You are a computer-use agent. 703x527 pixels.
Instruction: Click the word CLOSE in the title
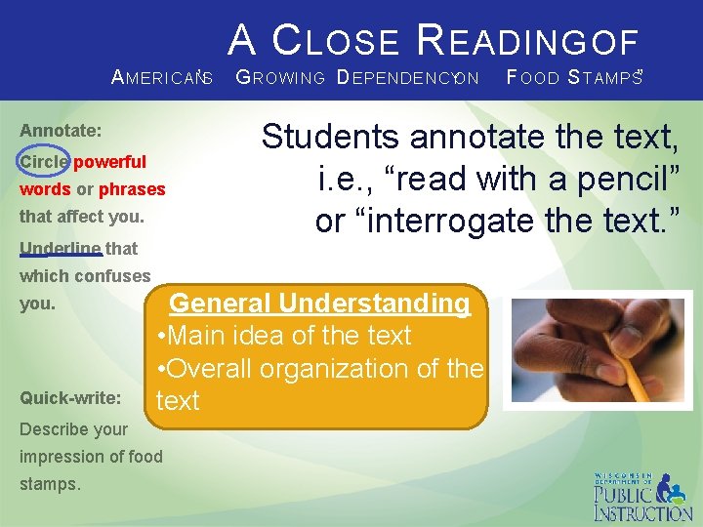coord(335,41)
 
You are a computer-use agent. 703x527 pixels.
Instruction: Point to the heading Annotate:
coord(61,130)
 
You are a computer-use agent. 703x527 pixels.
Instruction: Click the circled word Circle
coord(44,162)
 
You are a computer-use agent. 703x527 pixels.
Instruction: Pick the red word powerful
coord(110,162)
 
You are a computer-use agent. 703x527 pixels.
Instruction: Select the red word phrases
coord(132,189)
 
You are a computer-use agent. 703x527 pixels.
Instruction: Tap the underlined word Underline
coord(61,249)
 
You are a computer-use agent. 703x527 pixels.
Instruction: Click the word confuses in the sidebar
coord(111,276)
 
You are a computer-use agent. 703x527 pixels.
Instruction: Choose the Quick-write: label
coord(70,398)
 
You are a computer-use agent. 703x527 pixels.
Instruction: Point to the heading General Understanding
coord(320,304)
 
